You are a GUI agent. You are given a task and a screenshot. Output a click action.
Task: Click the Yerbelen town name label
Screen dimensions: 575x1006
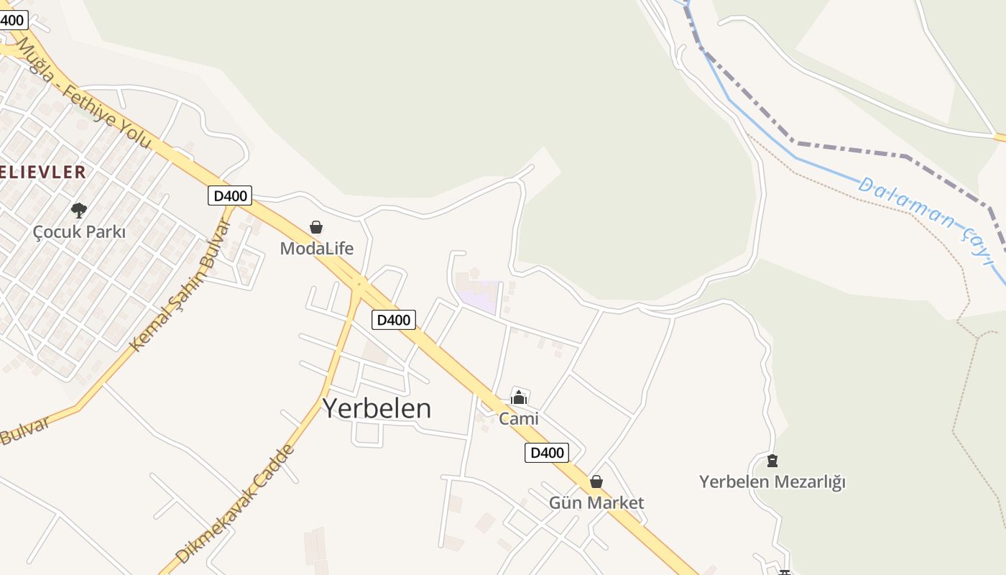click(377, 408)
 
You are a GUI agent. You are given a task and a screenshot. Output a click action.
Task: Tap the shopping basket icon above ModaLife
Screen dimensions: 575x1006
click(315, 228)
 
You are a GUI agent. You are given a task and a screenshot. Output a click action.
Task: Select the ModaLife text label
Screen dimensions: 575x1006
click(316, 249)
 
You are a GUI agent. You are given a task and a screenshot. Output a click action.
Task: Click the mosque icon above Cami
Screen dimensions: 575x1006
click(519, 397)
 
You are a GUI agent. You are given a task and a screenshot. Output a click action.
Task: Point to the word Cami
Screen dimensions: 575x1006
click(519, 418)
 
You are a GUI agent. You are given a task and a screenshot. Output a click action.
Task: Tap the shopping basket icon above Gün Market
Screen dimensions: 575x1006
click(596, 482)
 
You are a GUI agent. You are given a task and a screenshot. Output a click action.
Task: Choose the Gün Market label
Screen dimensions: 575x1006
click(596, 502)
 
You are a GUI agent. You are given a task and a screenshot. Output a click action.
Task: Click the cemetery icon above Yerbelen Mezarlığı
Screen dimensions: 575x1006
click(772, 461)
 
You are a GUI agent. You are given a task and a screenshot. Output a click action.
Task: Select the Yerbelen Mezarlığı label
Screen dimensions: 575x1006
click(772, 482)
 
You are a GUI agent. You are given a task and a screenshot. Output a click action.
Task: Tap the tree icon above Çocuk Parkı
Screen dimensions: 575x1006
click(79, 211)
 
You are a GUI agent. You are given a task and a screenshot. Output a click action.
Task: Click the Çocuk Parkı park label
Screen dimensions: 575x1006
click(79, 232)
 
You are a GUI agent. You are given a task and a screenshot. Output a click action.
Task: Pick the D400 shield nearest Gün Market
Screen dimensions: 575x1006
click(546, 453)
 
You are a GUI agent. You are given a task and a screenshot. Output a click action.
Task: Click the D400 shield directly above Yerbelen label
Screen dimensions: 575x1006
click(394, 320)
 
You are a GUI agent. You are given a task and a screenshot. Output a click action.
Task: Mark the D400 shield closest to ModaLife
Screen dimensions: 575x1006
click(230, 195)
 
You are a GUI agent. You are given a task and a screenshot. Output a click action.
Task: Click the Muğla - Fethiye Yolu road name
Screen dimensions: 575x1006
click(84, 93)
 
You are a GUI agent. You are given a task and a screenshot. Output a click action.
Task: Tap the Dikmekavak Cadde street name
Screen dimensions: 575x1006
click(236, 505)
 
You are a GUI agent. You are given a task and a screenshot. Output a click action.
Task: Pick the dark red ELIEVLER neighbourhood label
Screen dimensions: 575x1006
click(43, 172)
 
